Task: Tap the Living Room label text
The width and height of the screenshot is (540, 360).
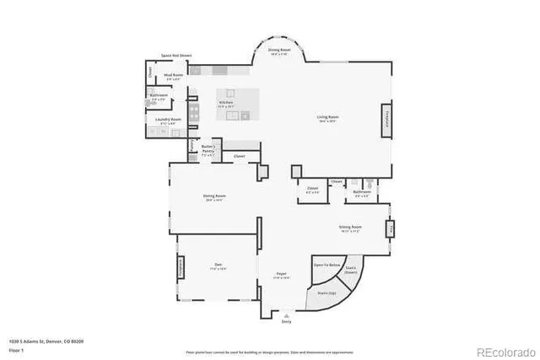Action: tap(327, 118)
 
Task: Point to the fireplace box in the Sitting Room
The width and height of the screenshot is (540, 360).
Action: tap(390, 228)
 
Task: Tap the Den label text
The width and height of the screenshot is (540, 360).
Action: tap(218, 266)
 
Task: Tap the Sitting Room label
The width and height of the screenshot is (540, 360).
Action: tap(350, 227)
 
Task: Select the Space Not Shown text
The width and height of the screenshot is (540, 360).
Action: tap(176, 56)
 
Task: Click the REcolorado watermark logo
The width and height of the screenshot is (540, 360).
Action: tap(505, 351)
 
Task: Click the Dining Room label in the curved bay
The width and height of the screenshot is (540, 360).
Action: tap(278, 52)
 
